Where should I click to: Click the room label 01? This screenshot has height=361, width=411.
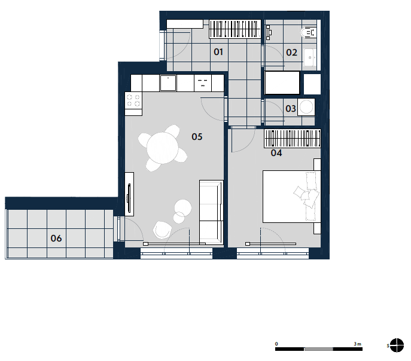[218, 52]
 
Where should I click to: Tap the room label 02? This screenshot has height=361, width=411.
[291, 53]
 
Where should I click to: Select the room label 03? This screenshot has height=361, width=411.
[291, 109]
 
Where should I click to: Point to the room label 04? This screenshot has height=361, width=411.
[276, 153]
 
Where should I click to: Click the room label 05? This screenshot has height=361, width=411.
[197, 136]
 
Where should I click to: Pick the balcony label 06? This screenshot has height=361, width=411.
[56, 238]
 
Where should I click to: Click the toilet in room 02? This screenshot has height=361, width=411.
[309, 33]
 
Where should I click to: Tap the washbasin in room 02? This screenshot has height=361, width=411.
[310, 57]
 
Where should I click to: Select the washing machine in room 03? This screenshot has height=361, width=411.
[306, 107]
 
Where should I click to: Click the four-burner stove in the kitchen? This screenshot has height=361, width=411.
[133, 100]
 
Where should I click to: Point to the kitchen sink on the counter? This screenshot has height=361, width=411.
[168, 82]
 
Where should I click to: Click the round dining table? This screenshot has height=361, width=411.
[163, 148]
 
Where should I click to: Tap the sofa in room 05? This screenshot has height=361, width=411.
[211, 212]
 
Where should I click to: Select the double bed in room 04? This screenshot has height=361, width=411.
[292, 197]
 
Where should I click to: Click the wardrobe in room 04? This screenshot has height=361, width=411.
[293, 139]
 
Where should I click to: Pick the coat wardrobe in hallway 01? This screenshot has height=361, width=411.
[235, 29]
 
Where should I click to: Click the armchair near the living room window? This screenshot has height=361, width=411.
[162, 230]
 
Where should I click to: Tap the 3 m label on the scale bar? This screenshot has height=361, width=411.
[358, 344]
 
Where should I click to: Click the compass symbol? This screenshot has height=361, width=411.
[397, 345]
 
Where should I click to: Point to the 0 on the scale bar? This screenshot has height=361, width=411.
[276, 344]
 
